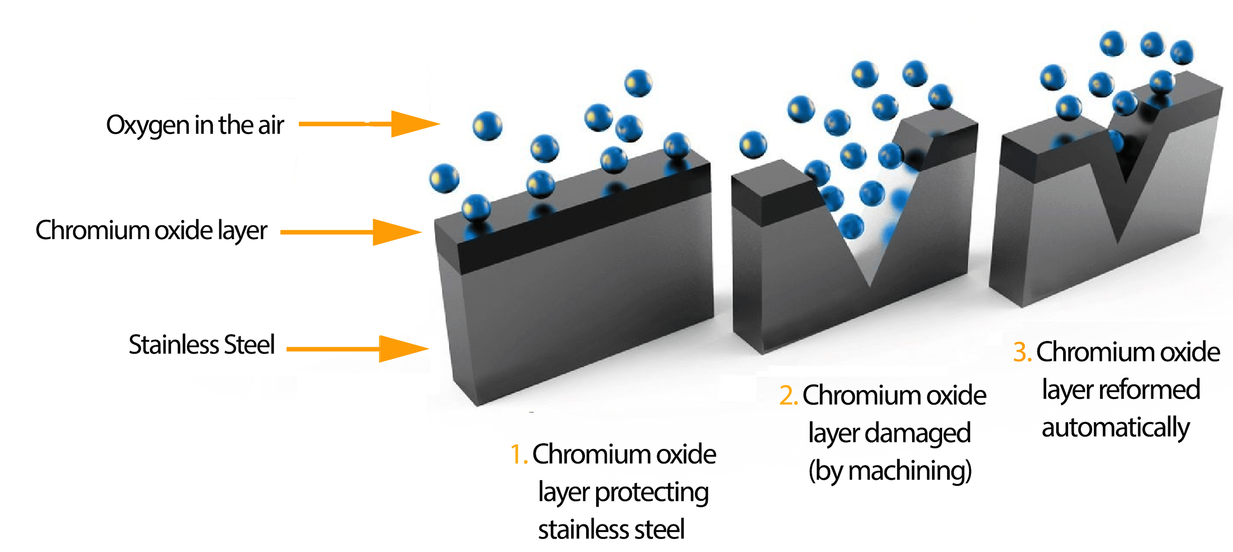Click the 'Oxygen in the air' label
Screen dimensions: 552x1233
point(195,125)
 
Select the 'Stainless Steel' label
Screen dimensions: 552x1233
point(202,345)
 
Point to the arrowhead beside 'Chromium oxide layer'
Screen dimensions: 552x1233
point(396,232)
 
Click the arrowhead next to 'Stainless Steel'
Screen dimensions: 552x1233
point(403,348)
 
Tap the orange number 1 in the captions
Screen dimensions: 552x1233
point(517,454)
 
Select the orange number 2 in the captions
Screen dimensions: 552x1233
point(787,395)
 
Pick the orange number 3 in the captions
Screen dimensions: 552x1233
point(1021,352)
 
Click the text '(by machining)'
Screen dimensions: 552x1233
point(890,471)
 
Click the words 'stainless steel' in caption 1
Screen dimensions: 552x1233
point(611,530)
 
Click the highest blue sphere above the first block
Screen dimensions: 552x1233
point(638,83)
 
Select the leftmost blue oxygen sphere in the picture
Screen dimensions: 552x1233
point(444,178)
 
